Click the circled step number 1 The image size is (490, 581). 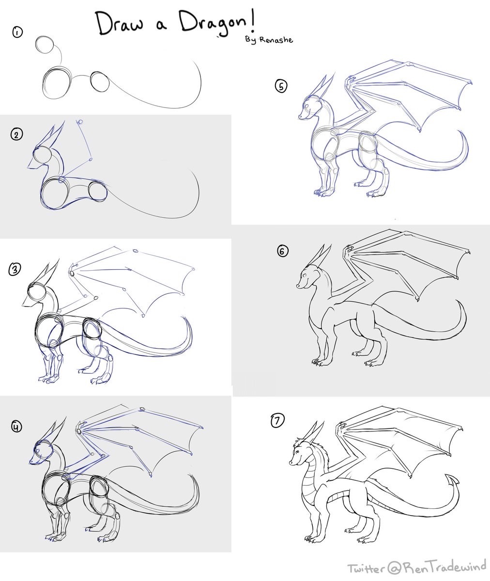point(17,32)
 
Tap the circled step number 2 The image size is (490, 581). point(16,135)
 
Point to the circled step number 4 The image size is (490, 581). point(17,427)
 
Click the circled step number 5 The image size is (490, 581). point(281,86)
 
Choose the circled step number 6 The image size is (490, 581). point(283,251)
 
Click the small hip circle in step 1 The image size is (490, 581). point(100,82)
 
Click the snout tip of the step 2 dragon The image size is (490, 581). point(29,168)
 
